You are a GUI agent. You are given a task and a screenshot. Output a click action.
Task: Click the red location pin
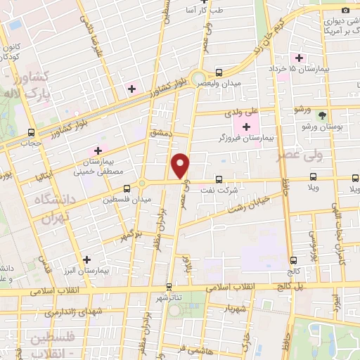pos(181,165)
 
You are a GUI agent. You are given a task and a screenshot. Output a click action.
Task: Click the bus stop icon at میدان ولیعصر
pos(219,72)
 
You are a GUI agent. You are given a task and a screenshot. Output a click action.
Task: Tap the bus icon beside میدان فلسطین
pos(127,188)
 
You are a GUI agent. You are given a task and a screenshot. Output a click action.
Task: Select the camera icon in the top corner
pos(345,9)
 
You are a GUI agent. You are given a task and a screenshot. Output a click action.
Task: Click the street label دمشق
pos(159,132)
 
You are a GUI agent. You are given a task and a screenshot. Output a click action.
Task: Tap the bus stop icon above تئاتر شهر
pos(169,286)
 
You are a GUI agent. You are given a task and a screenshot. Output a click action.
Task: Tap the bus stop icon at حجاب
pos(31,131)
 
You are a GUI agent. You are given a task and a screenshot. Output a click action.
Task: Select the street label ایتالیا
pos(44,173)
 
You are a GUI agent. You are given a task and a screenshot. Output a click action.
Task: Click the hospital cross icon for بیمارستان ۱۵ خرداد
pos(300,58)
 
